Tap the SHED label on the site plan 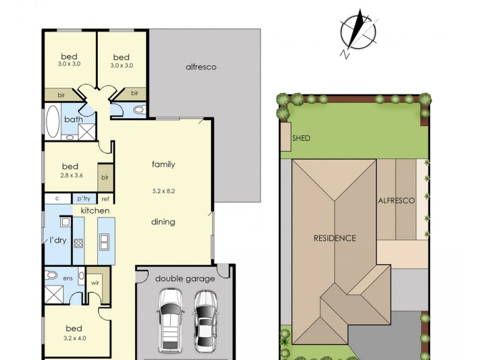(301, 138)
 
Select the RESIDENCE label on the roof (335, 238)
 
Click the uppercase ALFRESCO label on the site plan (397, 200)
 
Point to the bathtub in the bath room (53, 122)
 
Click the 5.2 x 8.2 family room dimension (163, 191)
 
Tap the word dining (163, 222)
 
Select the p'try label (84, 199)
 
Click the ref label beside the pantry (105, 199)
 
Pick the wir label (95, 283)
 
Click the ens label (68, 278)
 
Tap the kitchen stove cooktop (79, 244)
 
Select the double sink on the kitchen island (104, 242)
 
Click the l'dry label (58, 241)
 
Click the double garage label (185, 279)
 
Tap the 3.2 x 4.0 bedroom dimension (74, 338)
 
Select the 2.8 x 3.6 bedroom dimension (71, 175)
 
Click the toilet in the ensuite (51, 275)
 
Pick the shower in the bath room (86, 132)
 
